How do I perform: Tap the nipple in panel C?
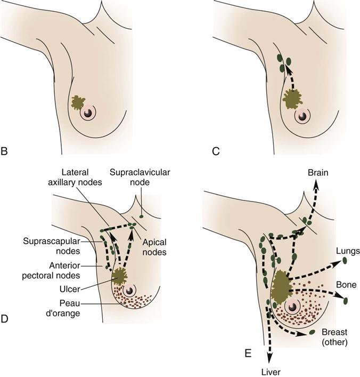click(x=304, y=115)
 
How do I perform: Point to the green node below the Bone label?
click(x=346, y=300)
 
